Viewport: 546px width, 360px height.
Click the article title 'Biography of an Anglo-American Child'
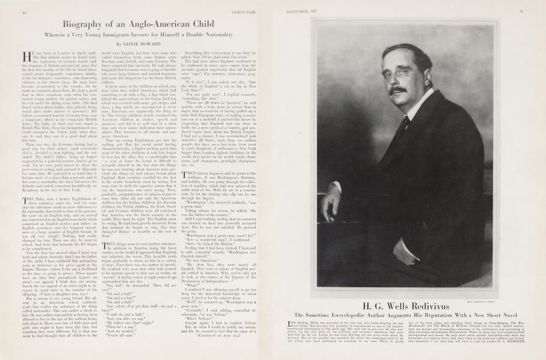(x=140, y=24)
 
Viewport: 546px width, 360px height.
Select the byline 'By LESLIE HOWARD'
(x=139, y=44)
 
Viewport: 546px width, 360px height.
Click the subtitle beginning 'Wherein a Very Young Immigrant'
(x=140, y=35)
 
